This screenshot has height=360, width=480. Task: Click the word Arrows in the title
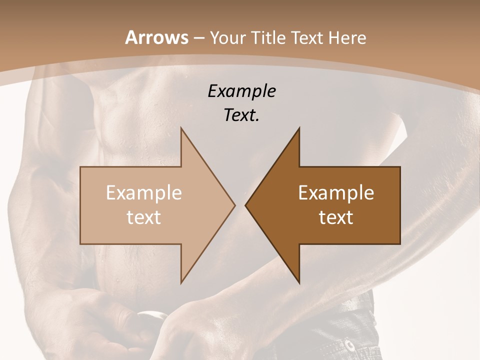click(x=156, y=37)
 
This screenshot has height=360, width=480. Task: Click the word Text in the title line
click(x=306, y=38)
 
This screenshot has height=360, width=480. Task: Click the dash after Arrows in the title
click(x=198, y=38)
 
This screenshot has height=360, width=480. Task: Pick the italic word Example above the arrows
click(x=241, y=91)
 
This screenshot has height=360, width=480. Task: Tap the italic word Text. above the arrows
click(x=241, y=115)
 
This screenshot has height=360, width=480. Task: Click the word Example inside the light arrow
click(x=144, y=193)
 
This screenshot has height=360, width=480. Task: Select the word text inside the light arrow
click(x=144, y=217)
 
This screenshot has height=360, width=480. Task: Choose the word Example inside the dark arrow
click(x=336, y=193)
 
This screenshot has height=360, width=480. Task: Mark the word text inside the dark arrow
click(x=336, y=217)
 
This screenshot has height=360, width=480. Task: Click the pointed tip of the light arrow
click(x=235, y=205)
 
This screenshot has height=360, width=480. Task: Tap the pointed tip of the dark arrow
click(x=245, y=205)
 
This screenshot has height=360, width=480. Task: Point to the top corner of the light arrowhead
click(x=181, y=128)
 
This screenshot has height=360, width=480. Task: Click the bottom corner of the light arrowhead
click(x=181, y=283)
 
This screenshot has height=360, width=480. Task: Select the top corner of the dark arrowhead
click(x=299, y=128)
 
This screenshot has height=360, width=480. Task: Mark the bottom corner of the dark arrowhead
click(x=299, y=283)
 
